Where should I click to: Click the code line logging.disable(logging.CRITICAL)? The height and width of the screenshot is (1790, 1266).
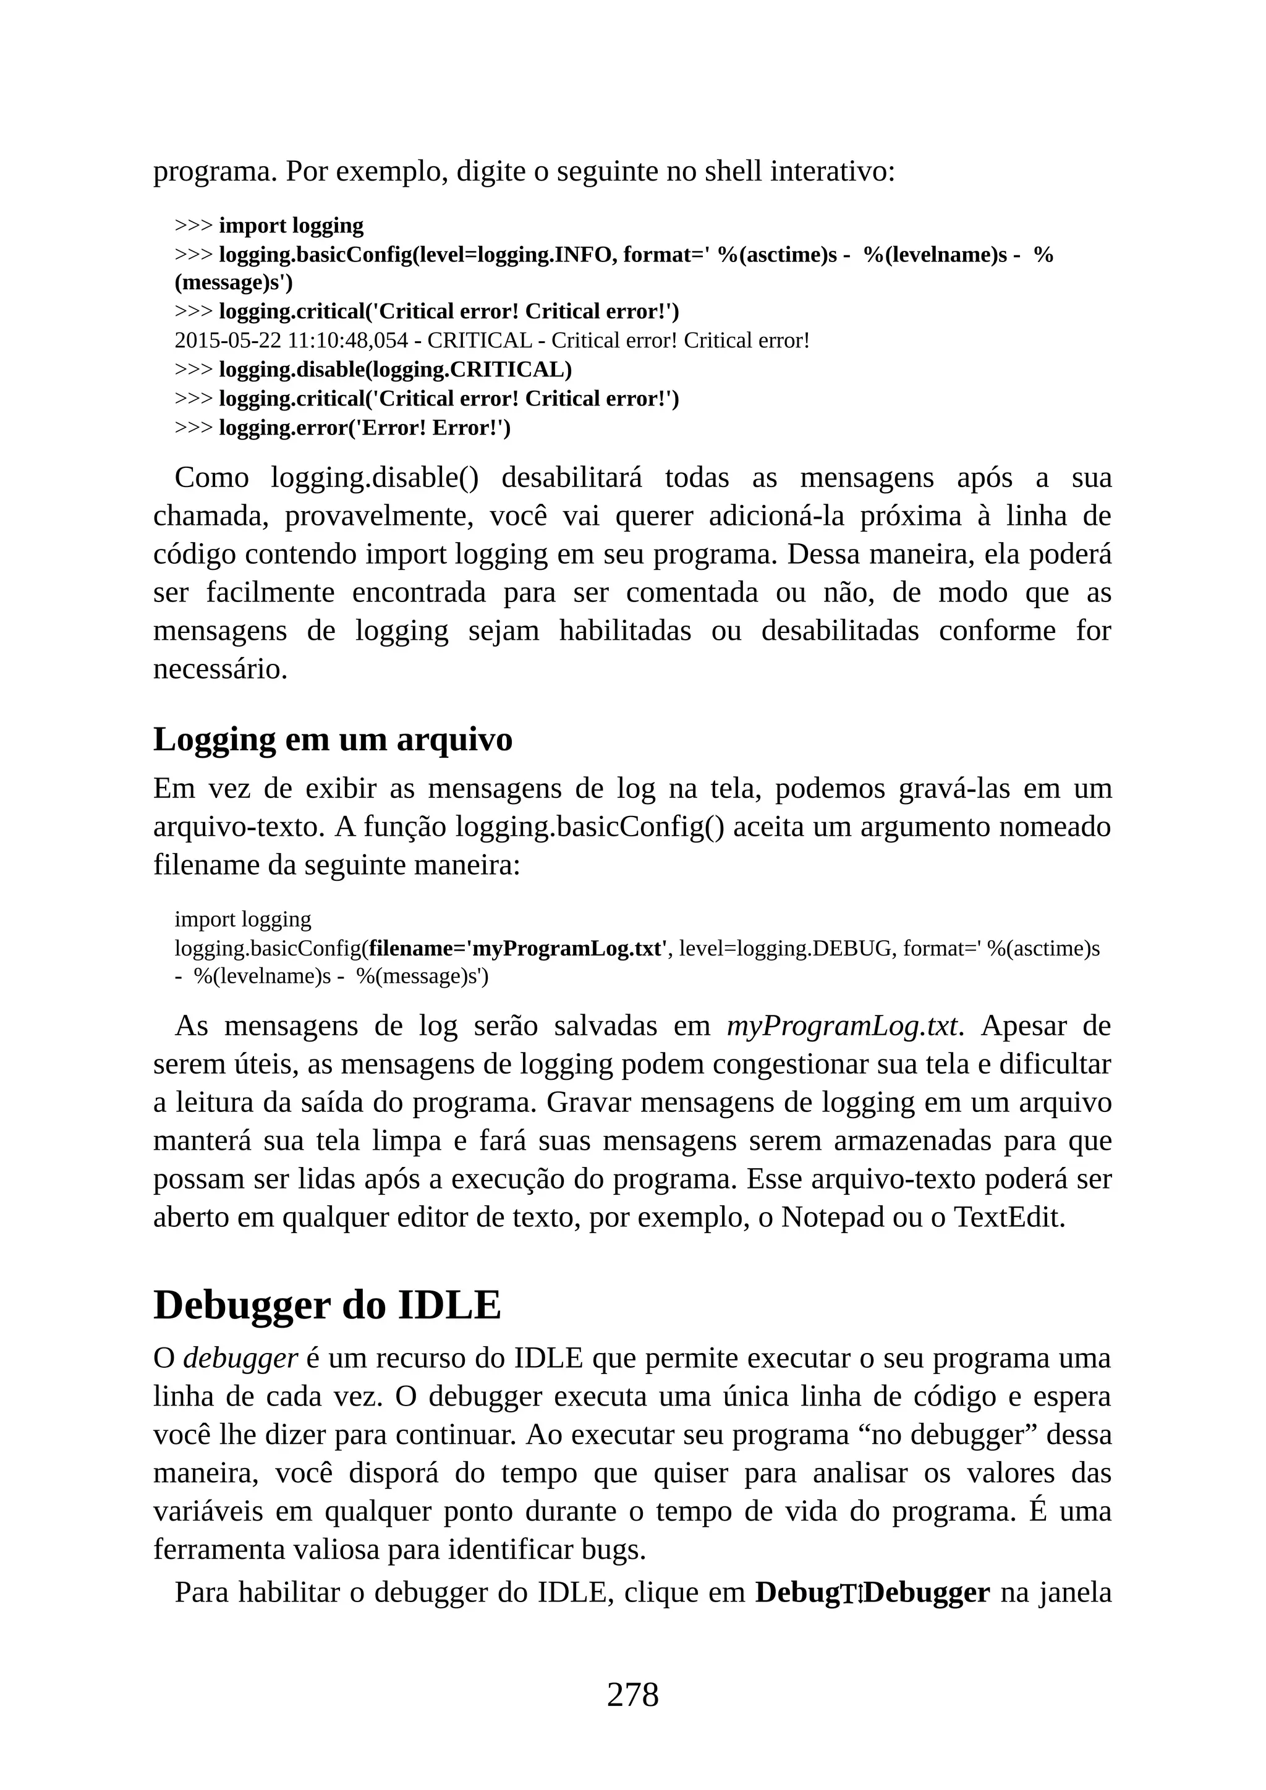click(x=394, y=370)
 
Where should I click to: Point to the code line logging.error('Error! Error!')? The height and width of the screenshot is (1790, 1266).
click(x=364, y=427)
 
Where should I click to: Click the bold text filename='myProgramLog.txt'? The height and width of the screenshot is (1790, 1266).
click(x=519, y=948)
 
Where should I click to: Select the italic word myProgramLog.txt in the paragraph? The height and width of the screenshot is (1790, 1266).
click(x=842, y=1026)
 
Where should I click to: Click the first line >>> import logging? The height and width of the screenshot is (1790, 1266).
click(x=269, y=226)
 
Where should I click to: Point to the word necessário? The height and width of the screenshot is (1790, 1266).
click(x=220, y=669)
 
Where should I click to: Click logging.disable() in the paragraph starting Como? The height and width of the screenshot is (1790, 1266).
click(x=374, y=477)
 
